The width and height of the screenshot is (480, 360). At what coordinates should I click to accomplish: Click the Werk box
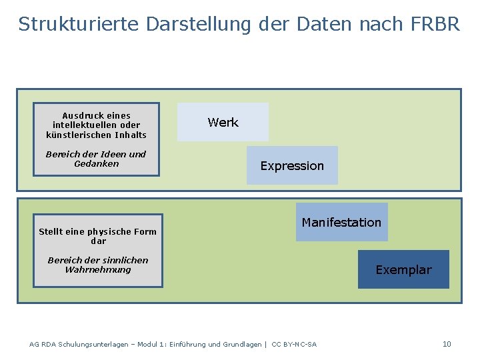click(x=223, y=122)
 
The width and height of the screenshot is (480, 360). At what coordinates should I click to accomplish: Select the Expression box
click(x=292, y=165)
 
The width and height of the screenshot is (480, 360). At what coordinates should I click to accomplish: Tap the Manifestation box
click(x=341, y=222)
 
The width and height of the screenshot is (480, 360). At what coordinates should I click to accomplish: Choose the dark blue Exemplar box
click(x=403, y=269)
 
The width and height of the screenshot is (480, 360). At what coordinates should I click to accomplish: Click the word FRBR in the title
click(x=435, y=24)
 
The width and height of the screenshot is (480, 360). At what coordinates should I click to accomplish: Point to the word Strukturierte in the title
click(x=78, y=24)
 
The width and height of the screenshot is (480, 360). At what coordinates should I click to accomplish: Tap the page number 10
click(x=447, y=344)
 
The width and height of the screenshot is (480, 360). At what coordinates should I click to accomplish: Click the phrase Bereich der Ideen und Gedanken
click(x=96, y=159)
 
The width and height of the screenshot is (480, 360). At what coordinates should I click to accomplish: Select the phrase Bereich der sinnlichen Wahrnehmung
click(x=98, y=265)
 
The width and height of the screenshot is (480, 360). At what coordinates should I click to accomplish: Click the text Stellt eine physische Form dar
click(x=98, y=236)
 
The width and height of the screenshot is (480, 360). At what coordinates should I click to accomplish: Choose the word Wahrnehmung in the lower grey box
click(x=98, y=269)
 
